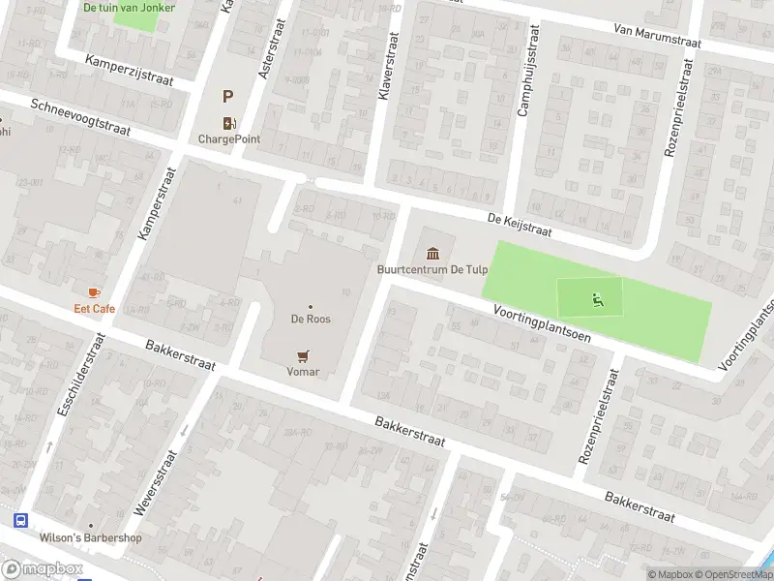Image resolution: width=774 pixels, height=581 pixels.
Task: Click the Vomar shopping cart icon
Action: [x=303, y=355]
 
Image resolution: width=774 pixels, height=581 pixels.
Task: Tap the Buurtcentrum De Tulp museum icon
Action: [x=432, y=253]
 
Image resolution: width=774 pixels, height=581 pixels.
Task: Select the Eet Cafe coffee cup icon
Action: [x=94, y=292]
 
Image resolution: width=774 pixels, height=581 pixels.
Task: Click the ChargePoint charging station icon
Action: [x=229, y=122]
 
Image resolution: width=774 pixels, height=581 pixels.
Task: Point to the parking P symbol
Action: [x=228, y=96]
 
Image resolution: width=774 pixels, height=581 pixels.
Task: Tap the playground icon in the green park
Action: [x=597, y=299]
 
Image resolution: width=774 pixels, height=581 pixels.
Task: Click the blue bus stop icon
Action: [x=20, y=520]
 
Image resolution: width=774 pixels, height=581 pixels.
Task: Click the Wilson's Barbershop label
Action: [x=90, y=538]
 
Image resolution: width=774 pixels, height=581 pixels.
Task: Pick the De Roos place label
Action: [x=310, y=319]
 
